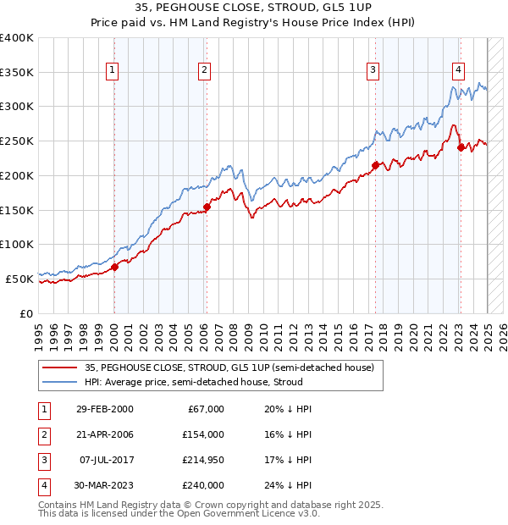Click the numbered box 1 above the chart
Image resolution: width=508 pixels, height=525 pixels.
click(x=113, y=70)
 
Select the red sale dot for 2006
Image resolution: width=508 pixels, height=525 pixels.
click(x=207, y=206)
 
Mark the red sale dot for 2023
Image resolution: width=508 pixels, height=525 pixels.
click(x=461, y=146)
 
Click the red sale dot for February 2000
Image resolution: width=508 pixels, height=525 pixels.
click(x=114, y=266)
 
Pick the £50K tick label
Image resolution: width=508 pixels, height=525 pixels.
click(x=19, y=279)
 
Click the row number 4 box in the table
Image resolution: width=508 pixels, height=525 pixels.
click(x=42, y=485)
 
